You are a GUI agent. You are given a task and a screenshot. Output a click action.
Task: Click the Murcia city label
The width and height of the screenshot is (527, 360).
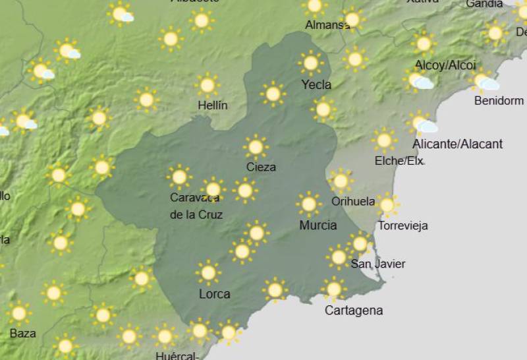click(x=318, y=225)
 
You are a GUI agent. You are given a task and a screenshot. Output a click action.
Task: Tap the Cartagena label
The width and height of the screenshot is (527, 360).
click(x=354, y=310)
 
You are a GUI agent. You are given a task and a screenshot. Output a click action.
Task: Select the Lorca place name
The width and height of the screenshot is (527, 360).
click(x=215, y=293)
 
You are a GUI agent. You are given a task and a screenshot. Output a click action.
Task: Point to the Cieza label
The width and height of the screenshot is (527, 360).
click(x=261, y=167)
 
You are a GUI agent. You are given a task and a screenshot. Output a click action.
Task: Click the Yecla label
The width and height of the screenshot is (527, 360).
click(x=316, y=84)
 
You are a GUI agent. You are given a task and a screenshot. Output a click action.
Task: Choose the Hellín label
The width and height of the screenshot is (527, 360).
click(x=213, y=105)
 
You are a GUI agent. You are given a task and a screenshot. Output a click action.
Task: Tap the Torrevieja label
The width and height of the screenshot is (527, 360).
click(x=402, y=225)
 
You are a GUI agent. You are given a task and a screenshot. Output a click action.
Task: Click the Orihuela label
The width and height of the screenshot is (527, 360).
click(x=353, y=201)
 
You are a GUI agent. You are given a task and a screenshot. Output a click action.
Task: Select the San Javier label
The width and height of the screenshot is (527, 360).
click(x=377, y=264)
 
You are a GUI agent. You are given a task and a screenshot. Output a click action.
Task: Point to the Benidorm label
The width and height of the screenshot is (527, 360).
click(x=499, y=101)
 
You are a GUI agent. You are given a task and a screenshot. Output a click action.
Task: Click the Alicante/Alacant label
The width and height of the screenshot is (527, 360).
click(x=457, y=144)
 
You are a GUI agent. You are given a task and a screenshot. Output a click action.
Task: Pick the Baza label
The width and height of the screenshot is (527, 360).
click(x=23, y=333)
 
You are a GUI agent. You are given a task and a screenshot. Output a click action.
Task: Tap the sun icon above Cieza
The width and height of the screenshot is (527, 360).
click(x=256, y=147)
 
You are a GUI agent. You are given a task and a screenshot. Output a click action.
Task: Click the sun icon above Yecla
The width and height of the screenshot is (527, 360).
click(x=310, y=63)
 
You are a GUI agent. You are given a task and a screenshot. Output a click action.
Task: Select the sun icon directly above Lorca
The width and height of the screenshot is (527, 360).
click(x=208, y=272)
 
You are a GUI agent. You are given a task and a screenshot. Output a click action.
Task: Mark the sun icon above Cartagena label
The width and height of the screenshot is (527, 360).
click(x=334, y=288)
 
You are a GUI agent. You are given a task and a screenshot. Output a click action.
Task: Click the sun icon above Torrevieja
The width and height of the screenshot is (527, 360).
click(x=387, y=205)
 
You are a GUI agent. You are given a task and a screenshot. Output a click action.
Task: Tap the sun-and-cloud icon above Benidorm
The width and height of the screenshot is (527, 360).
click(x=484, y=81)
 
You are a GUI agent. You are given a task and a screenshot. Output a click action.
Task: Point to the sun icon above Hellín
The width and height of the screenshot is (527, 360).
click(x=208, y=85)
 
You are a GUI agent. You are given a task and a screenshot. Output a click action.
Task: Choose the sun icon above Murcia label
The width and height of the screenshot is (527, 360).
click(x=308, y=204)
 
